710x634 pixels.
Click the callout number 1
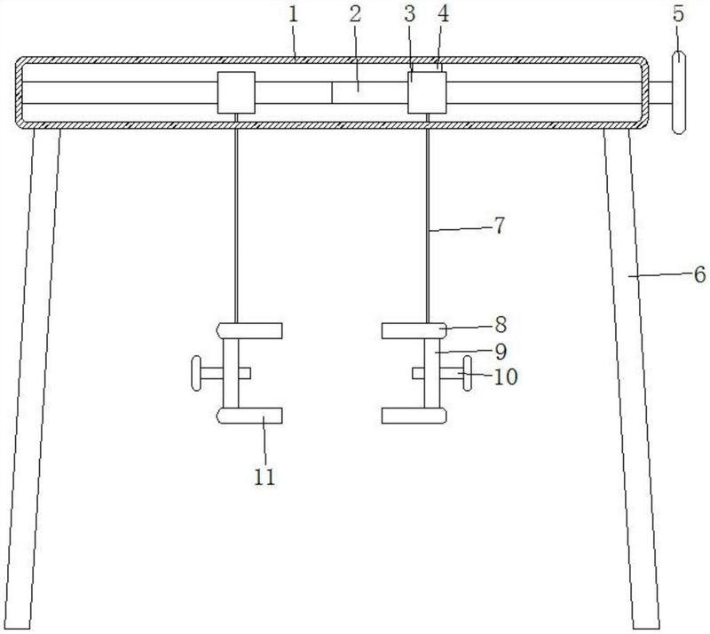click(x=294, y=15)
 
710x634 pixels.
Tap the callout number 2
click(x=356, y=14)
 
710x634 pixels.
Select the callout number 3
click(x=410, y=14)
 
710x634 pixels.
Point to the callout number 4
click(x=443, y=14)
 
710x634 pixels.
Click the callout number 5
click(x=678, y=14)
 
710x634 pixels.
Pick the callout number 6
click(x=699, y=274)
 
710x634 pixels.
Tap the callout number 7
click(x=499, y=226)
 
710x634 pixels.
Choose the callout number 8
click(x=501, y=324)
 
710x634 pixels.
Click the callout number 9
click(x=501, y=352)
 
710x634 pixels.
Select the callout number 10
click(x=505, y=376)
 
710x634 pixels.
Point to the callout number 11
click(x=264, y=477)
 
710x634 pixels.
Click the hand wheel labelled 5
click(x=678, y=92)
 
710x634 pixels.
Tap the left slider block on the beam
click(x=236, y=92)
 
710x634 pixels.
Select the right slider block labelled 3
click(x=427, y=92)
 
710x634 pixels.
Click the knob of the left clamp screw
click(x=196, y=374)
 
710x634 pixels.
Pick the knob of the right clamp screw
click(x=467, y=374)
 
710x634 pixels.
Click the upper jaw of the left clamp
click(x=250, y=331)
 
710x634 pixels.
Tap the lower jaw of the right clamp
click(x=414, y=416)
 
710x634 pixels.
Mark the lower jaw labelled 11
click(x=250, y=416)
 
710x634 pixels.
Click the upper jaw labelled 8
click(x=414, y=331)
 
